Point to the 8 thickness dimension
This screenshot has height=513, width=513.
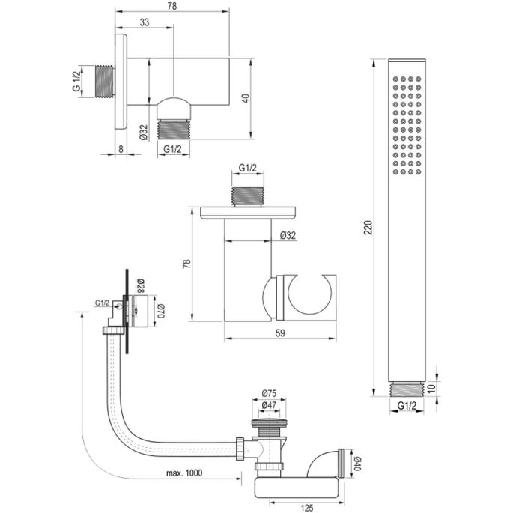click(122, 148)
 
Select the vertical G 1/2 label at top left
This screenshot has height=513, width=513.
click(76, 82)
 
